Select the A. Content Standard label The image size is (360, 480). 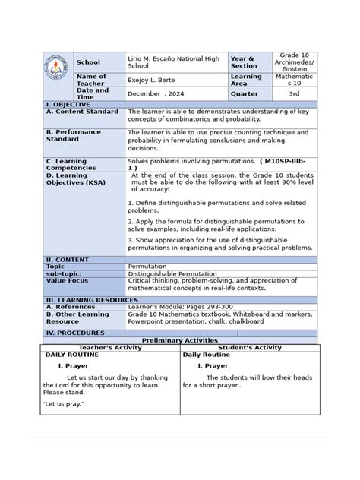coord(82,111)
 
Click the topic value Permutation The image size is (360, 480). coord(147,267)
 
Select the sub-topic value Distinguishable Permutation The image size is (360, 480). coord(173,273)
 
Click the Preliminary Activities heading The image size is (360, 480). coord(179,340)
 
